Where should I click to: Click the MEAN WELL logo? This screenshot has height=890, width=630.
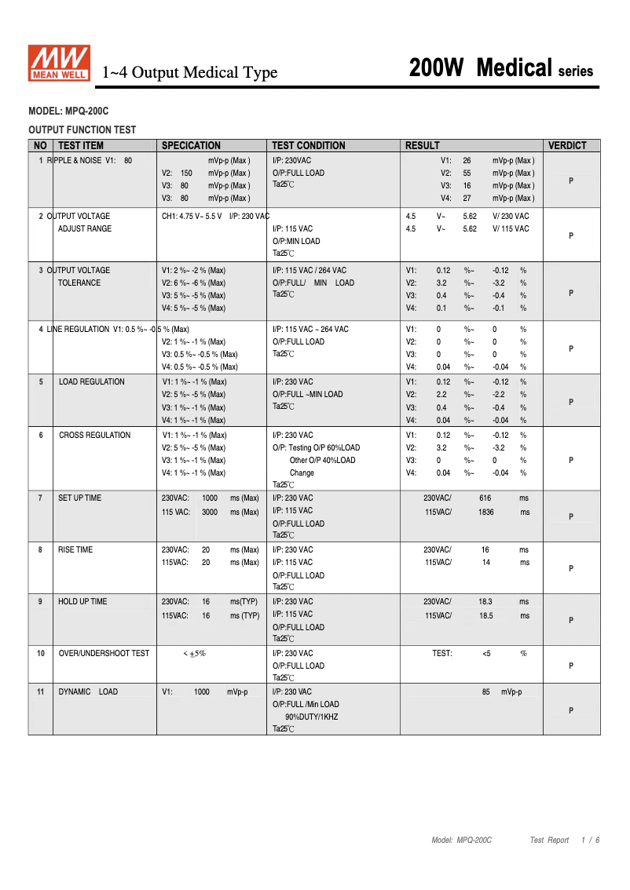click(x=60, y=63)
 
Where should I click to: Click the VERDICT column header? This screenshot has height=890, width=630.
click(x=567, y=145)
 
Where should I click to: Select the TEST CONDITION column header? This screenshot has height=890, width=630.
click(x=308, y=145)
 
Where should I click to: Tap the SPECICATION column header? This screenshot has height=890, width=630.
click(x=191, y=145)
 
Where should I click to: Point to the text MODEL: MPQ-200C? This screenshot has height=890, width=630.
click(x=68, y=112)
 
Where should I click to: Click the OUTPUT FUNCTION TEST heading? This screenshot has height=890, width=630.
click(x=82, y=130)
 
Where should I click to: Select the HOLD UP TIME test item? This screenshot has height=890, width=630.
click(x=82, y=601)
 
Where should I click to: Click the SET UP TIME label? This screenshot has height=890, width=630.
click(x=79, y=498)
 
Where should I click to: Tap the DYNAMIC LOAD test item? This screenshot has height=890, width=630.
click(x=88, y=691)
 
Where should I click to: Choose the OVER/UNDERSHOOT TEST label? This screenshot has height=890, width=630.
click(x=104, y=653)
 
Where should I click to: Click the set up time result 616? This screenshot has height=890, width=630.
click(x=485, y=498)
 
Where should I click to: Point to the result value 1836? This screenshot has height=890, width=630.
click(x=486, y=512)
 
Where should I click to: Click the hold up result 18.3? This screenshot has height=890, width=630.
click(x=485, y=602)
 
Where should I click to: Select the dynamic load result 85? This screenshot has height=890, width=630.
click(x=486, y=692)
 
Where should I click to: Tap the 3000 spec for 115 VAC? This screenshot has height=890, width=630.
click(x=210, y=512)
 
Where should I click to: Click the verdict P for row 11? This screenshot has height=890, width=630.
click(x=571, y=710)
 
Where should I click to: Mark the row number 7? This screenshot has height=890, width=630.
click(x=40, y=498)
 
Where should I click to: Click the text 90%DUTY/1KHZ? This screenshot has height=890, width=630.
click(x=311, y=717)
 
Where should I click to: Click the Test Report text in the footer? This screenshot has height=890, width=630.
click(x=549, y=840)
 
